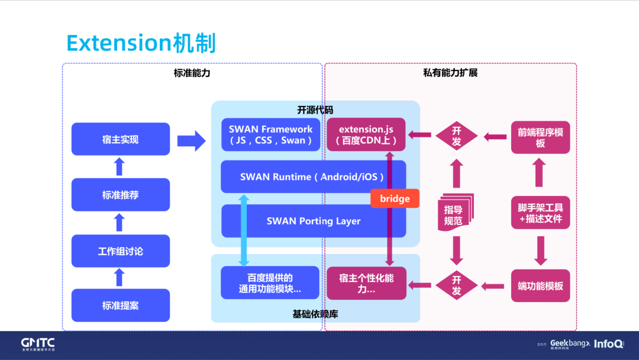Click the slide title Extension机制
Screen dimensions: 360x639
pos(141,44)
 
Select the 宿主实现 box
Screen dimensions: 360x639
pos(120,139)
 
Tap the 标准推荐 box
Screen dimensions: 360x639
pos(120,195)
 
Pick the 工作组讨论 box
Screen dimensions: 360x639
pos(120,251)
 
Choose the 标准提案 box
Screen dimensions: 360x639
pos(120,306)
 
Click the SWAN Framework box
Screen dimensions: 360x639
pos(270,135)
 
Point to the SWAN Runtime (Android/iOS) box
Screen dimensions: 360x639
pos(312,176)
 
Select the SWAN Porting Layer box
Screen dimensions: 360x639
pos(313,221)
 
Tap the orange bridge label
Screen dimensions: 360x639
pos(395,198)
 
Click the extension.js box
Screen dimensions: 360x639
pos(367,135)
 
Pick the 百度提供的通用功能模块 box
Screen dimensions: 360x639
pos(270,283)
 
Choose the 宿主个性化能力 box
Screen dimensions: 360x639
pos(366,283)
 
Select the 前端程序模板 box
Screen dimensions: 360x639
pos(540,137)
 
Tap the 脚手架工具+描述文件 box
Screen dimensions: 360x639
pos(540,213)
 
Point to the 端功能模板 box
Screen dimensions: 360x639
pos(540,286)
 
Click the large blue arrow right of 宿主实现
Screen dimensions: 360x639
pos(191,140)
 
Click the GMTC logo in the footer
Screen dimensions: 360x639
pos(38,344)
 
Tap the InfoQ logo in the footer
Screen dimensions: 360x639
pos(608,343)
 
